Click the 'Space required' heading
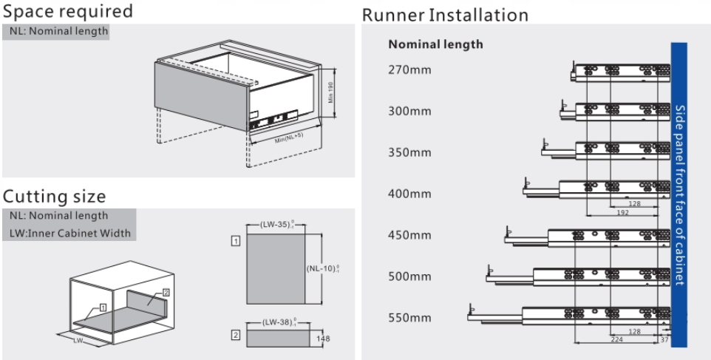point(68,12)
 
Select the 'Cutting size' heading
point(55,197)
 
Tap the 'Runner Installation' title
point(445,15)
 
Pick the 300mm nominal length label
point(409,112)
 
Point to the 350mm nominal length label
point(409,153)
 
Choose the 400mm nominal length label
point(409,194)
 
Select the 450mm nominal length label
point(409,236)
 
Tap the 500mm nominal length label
point(409,277)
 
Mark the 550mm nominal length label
point(409,319)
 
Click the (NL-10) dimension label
point(323,269)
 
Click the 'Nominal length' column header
point(435,44)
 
